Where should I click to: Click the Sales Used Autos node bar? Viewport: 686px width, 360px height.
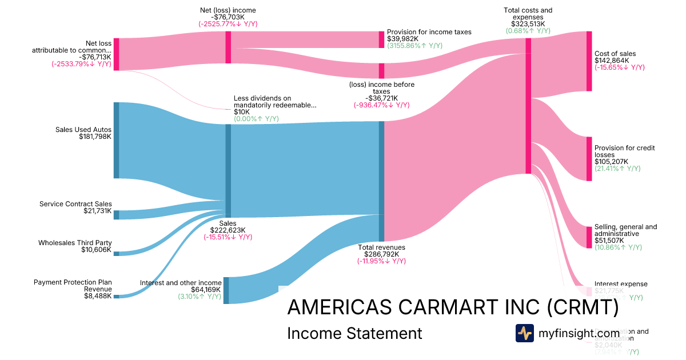[116, 140]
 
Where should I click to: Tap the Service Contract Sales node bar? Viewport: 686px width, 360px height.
[116, 215]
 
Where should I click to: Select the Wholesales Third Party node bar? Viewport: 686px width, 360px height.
[116, 253]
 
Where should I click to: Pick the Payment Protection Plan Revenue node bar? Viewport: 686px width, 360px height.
[116, 296]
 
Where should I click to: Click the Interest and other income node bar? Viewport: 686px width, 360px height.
[226, 290]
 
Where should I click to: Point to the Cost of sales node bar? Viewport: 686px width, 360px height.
[589, 61]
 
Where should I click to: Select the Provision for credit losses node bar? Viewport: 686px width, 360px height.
[589, 159]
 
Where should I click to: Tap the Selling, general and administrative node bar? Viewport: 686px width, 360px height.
[589, 237]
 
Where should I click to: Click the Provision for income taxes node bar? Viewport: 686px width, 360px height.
[381, 39]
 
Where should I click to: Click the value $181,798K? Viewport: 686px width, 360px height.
[95, 137]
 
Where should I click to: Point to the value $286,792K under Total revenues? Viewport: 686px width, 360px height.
[381, 254]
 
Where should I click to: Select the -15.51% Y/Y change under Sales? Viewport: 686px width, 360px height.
[228, 237]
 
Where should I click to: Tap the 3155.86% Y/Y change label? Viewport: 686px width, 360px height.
[414, 46]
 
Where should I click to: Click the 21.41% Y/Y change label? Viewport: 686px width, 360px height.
[617, 169]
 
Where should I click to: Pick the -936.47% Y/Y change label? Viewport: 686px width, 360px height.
[381, 105]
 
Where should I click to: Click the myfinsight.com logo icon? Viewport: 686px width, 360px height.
[524, 333]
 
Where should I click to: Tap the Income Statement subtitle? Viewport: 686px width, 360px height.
[354, 333]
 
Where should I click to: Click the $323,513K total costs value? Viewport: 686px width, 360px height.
[528, 24]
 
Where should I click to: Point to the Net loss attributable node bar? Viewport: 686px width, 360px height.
[116, 54]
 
